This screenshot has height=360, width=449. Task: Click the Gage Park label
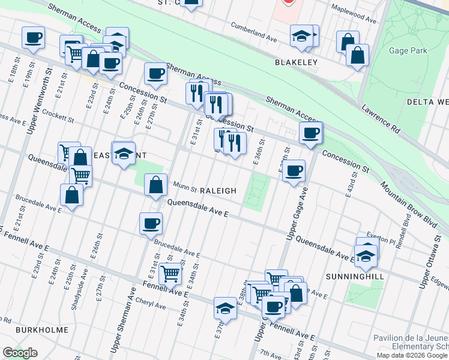(x=408, y=51)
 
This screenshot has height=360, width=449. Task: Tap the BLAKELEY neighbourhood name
(x=295, y=62)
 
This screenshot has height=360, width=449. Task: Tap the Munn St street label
(x=185, y=188)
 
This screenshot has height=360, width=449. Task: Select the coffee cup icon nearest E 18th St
(x=34, y=37)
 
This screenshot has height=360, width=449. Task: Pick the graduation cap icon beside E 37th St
(x=225, y=308)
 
